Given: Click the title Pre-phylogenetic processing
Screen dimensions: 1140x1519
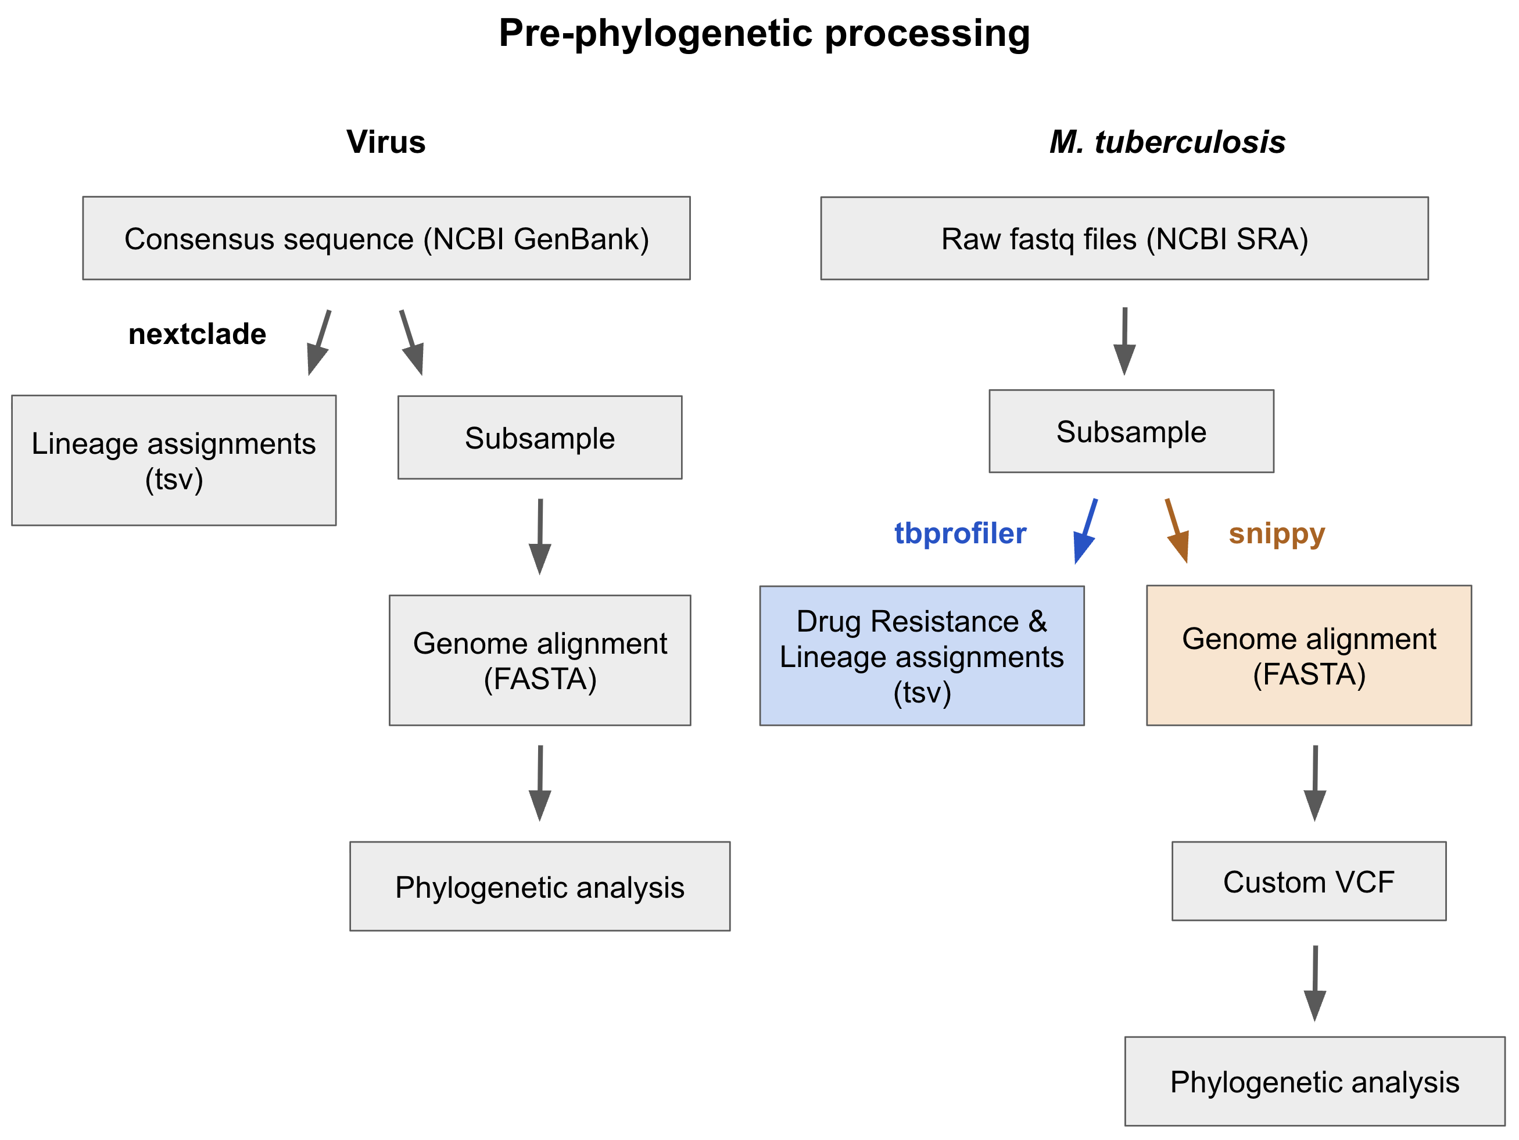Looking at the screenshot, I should tap(764, 33).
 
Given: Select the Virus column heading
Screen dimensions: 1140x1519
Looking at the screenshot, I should tap(385, 142).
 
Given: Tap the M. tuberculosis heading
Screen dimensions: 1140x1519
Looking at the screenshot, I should tap(1167, 142).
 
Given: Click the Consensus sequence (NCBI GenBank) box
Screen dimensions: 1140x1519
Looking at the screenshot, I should tap(386, 238).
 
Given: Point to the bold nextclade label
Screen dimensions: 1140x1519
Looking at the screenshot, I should tap(197, 335).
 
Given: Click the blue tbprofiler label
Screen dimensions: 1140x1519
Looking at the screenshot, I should tap(959, 533).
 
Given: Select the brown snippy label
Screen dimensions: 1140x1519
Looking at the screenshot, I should tap(1276, 533).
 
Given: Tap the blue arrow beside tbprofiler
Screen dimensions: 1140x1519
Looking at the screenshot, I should tap(1085, 532).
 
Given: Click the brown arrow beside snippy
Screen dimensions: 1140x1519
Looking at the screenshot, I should tap(1177, 532).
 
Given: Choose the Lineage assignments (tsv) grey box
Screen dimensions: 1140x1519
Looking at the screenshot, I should tap(174, 460).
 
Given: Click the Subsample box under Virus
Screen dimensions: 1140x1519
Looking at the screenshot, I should tap(540, 438).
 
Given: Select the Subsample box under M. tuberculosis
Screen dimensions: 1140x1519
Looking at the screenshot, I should tap(1130, 431).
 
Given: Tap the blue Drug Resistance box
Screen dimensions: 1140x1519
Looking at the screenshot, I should tap(921, 656).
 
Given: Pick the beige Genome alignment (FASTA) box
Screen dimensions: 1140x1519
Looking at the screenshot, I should tap(1308, 655).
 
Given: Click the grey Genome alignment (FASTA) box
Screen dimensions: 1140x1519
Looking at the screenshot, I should tap(540, 660).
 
